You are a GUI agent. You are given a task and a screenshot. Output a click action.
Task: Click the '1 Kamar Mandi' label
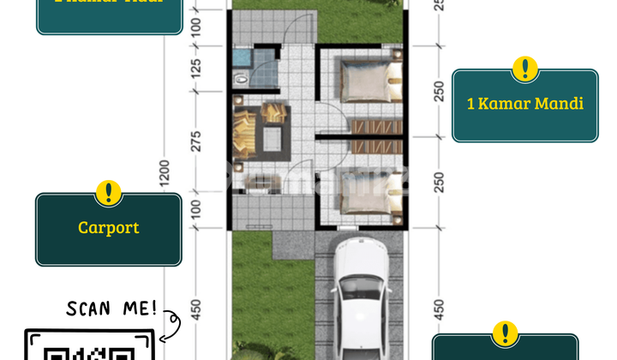click(524, 104)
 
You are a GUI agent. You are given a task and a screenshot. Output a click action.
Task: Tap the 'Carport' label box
click(108, 228)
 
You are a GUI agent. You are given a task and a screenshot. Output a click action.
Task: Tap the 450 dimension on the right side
click(439, 307)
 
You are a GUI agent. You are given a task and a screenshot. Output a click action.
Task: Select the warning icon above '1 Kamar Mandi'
click(524, 69)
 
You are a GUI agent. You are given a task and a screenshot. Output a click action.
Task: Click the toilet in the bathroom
click(242, 78)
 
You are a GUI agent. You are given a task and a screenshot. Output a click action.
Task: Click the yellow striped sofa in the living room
click(242, 135)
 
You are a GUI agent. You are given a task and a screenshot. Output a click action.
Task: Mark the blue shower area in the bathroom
click(242, 58)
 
